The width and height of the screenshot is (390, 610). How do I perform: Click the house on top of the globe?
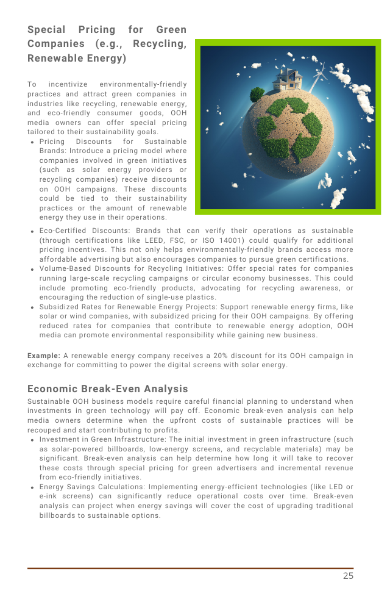tap(287, 79)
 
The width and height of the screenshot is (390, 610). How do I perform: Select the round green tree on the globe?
tap(257, 95)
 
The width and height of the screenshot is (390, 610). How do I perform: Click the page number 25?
tap(347, 576)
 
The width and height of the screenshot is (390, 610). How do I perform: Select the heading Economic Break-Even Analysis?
tap(108, 389)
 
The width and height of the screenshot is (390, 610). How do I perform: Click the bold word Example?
tap(43, 356)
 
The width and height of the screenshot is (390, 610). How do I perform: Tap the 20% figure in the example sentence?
tap(210, 356)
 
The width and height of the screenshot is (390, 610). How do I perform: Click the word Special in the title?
tap(46, 29)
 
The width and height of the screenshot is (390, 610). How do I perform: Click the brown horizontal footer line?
tap(190, 568)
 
